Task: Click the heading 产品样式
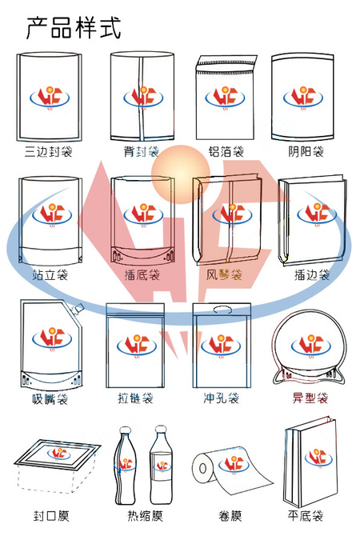(74, 27)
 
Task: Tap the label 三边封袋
(49, 152)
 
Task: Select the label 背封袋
(142, 152)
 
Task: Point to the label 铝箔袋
(226, 152)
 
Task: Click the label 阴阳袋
(306, 152)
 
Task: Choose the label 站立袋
(50, 274)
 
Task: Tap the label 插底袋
(142, 274)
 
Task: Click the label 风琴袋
(224, 274)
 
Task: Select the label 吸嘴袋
(50, 398)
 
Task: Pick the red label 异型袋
(310, 398)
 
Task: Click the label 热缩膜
(146, 516)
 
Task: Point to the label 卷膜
(230, 516)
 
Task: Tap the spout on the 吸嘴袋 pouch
(78, 308)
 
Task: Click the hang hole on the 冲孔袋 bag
(222, 310)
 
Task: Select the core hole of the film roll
(203, 468)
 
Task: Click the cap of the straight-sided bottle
(161, 429)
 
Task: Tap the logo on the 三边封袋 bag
(50, 97)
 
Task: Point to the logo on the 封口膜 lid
(58, 453)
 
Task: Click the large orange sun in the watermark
(180, 174)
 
